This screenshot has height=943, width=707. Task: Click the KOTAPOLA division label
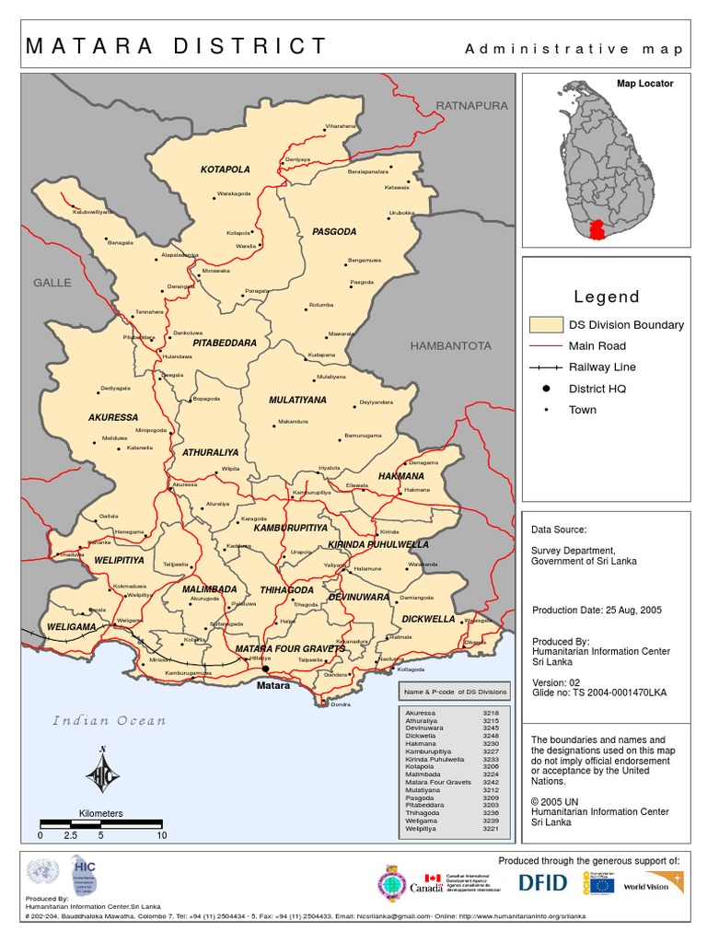(x=226, y=169)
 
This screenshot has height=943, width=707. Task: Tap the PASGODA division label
(x=333, y=231)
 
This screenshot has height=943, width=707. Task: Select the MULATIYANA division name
(x=297, y=401)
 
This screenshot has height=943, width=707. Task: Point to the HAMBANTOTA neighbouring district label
(x=451, y=346)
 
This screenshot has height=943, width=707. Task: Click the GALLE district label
(x=52, y=282)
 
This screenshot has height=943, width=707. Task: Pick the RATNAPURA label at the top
(x=471, y=106)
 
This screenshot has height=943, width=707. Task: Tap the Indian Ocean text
(x=109, y=720)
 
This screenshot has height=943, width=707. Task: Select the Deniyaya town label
(x=296, y=159)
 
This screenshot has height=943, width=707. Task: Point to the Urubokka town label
(x=402, y=213)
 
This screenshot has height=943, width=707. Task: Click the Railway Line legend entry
(x=602, y=367)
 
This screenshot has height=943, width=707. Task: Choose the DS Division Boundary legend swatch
(x=546, y=325)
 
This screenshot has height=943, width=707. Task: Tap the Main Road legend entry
(x=597, y=346)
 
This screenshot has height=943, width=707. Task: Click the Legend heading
(x=606, y=297)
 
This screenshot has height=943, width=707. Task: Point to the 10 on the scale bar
(x=162, y=835)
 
